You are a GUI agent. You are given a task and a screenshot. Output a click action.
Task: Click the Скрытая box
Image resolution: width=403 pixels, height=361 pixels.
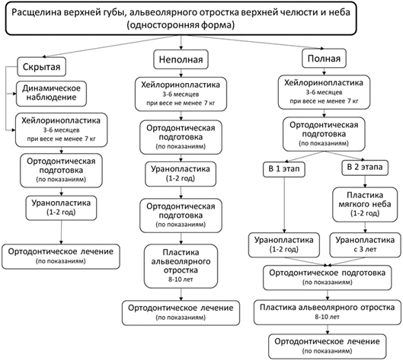[x=41, y=67]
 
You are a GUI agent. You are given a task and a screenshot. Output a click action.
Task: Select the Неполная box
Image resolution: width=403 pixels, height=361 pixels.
[x=181, y=59]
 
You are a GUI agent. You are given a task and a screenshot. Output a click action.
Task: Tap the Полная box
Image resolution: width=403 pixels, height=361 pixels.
[x=324, y=59]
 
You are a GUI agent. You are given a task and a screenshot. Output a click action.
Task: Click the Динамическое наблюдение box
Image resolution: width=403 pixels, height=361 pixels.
[x=51, y=94]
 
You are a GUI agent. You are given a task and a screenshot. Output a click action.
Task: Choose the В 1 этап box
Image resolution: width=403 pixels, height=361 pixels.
[x=284, y=169]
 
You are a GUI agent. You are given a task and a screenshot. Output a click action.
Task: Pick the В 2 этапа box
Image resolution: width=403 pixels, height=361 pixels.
[x=365, y=168]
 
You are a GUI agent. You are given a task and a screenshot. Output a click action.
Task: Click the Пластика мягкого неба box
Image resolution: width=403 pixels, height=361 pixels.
[x=365, y=204]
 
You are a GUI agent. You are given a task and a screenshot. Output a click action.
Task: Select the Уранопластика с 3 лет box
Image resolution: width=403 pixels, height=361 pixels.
[x=365, y=245]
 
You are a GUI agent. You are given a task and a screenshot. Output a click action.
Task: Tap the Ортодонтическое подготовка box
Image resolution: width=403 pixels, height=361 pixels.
[x=327, y=278]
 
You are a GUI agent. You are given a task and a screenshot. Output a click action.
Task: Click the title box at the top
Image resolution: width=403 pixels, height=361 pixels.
[x=181, y=18]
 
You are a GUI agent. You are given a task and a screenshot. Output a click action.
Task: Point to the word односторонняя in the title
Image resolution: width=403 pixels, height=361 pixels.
[x=164, y=26]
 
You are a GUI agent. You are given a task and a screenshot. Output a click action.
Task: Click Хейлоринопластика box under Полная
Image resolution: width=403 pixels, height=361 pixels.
[x=324, y=92]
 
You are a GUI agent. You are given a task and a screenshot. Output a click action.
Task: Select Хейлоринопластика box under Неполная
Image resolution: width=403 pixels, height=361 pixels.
[x=181, y=94]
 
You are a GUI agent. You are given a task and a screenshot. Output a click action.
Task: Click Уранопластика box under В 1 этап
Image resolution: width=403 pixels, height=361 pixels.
[x=284, y=245]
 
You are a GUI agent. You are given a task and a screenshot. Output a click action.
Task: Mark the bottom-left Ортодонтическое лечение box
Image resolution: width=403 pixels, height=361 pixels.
[x=61, y=257]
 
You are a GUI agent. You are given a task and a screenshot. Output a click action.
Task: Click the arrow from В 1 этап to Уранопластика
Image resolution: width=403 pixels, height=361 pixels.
[x=284, y=205]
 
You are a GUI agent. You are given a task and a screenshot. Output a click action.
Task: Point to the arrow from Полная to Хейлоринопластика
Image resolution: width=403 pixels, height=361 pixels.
[x=324, y=72]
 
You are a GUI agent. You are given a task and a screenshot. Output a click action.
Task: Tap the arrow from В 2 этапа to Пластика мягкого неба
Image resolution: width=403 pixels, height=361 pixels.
[x=365, y=181]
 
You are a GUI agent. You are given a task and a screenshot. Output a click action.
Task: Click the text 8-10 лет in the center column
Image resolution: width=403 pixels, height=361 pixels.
[x=181, y=280]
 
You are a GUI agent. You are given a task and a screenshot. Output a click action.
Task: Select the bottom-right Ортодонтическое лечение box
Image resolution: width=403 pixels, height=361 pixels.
[x=327, y=346]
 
